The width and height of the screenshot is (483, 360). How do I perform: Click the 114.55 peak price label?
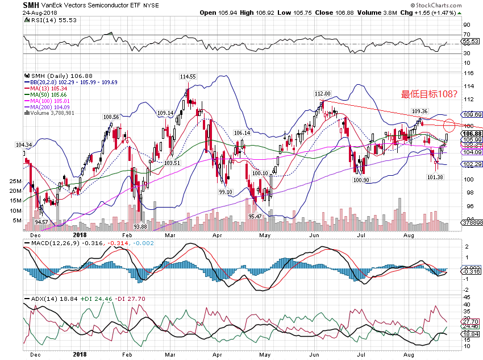coord(188,76)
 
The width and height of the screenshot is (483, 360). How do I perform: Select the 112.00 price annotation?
coord(322,94)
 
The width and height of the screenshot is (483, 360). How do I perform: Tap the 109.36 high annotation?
coord(419,111)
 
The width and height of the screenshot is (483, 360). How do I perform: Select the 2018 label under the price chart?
coord(79,234)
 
